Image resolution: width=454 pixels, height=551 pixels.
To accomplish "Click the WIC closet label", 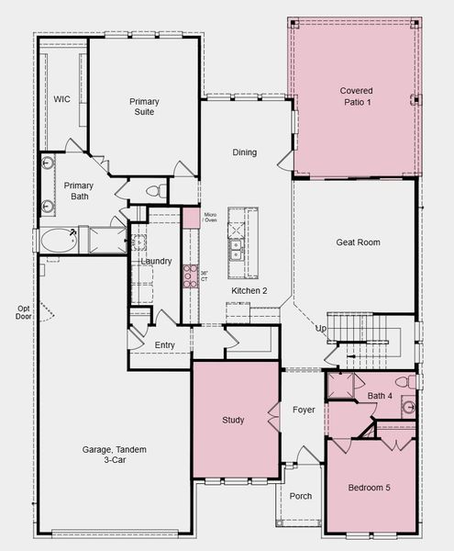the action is point(61,99).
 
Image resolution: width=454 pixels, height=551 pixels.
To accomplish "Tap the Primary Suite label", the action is point(144,107).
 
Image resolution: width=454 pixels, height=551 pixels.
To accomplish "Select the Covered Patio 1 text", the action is point(357,96).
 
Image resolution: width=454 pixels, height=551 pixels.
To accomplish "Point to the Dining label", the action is point(245,152).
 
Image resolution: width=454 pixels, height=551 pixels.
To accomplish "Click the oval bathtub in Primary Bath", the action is point(59,241).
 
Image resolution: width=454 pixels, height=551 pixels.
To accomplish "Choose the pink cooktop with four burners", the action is point(191,276).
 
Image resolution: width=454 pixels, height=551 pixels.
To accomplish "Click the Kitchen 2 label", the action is point(249,290).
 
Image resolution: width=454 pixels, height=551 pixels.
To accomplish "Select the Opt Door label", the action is point(24,312).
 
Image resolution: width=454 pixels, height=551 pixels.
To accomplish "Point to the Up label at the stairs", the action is point(321,329).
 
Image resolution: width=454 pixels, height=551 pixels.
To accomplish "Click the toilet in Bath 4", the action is point(406,382).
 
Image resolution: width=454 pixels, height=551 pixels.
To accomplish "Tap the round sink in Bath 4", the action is point(408,407).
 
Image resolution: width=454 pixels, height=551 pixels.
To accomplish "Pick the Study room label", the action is point(233,420).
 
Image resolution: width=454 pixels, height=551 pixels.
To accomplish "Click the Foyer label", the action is point(304,410).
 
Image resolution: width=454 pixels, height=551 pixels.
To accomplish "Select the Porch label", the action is point(301,496).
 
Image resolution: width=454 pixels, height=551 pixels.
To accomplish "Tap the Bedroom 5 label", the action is point(369,488).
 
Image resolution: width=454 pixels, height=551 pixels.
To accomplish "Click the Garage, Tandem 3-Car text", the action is point(115,455).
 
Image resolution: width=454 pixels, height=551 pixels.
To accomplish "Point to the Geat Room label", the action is point(358,242).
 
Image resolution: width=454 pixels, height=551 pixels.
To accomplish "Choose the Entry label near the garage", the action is point(164,345).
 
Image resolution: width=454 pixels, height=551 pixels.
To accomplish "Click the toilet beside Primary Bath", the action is point(157,191).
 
